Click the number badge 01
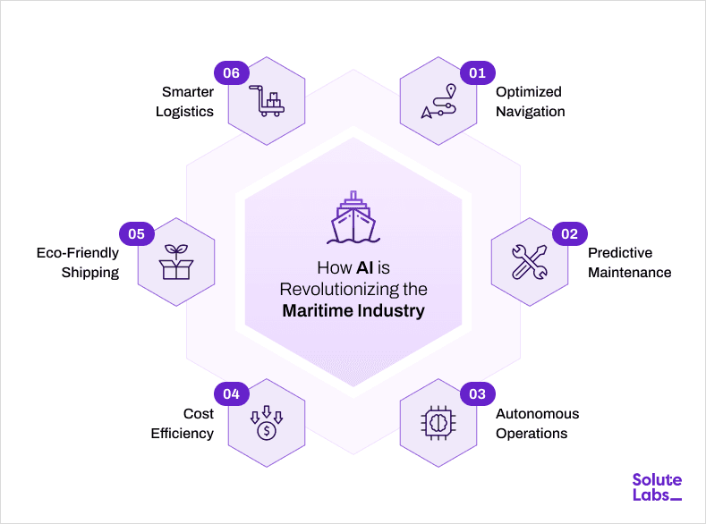477,72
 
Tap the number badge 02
569,234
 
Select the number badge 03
477,394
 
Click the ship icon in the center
353,218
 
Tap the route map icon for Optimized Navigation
439,103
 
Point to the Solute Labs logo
656,488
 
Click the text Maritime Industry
353,312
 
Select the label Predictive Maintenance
629,263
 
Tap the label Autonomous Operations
537,424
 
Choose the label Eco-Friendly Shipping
78,263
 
